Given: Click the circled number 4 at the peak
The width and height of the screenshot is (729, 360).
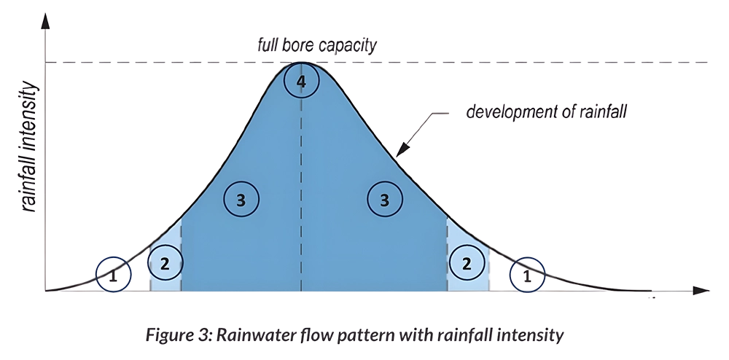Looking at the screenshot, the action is pos(301,80).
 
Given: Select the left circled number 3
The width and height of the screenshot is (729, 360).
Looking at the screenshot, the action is pos(241,199).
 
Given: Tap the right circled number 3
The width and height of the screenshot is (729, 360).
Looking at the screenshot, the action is pos(384,199).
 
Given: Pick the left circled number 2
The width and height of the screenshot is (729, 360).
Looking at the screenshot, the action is pos(165,263).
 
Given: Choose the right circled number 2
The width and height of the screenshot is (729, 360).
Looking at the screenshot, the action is pos(467,263).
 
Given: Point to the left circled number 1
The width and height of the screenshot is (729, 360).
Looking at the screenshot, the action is pos(114,275).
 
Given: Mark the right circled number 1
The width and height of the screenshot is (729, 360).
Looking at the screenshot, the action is pos(527,275).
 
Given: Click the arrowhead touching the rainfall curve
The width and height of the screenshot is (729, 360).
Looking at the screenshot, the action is pos(402,149).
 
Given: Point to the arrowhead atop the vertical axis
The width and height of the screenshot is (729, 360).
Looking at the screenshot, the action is pos(45,22).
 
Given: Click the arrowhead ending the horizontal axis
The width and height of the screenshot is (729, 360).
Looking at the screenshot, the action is pos(701,290).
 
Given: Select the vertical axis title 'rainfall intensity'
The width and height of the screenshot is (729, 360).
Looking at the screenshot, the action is pos(29,146).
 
